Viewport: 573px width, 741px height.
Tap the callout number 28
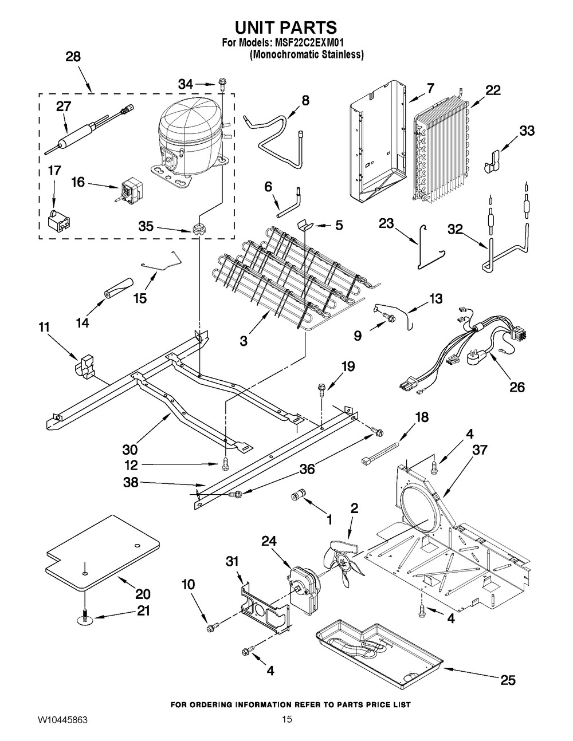[73, 56]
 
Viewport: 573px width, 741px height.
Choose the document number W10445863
[57, 720]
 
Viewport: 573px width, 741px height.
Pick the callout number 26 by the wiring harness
[517, 388]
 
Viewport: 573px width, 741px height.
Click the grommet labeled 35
[201, 230]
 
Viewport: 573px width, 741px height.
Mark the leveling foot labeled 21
[84, 617]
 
